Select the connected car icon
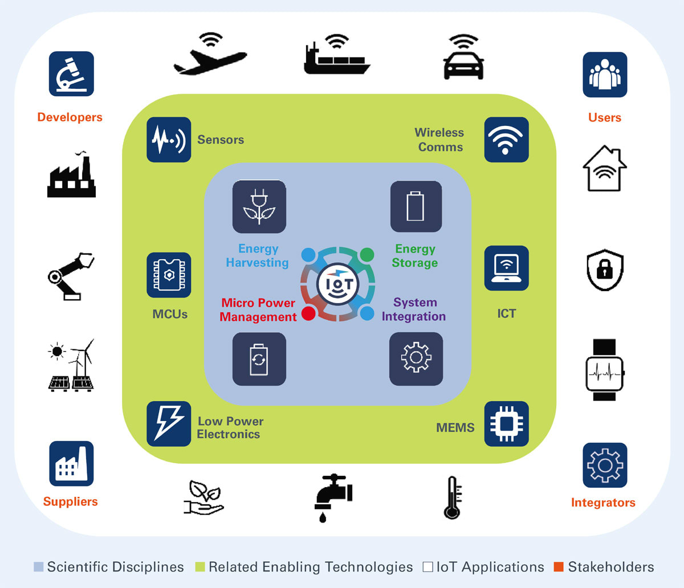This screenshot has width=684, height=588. (x=463, y=59)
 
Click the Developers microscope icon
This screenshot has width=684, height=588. (x=71, y=74)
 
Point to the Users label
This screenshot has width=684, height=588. (x=604, y=117)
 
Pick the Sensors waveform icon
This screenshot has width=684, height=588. (x=169, y=140)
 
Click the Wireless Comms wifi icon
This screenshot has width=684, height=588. (x=506, y=140)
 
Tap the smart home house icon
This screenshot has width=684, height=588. (x=604, y=169)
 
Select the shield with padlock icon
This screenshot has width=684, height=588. (x=605, y=269)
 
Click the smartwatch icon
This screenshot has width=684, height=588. (x=604, y=370)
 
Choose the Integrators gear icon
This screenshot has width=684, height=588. (x=605, y=465)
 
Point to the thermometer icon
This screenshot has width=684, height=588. (x=453, y=497)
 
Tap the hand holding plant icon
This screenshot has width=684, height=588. (x=203, y=497)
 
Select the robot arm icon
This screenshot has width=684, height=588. (x=71, y=276)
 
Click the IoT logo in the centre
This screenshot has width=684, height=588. (x=338, y=283)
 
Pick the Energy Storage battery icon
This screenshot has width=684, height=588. (x=416, y=206)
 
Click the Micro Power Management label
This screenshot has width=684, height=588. (x=258, y=309)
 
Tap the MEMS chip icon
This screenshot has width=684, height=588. (x=506, y=424)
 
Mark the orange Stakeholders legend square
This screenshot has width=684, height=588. (x=559, y=567)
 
